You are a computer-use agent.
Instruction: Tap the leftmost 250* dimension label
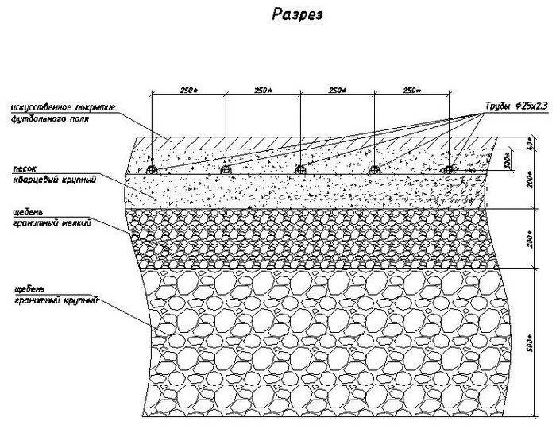pos(188,91)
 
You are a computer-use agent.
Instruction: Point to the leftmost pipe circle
pos(153,169)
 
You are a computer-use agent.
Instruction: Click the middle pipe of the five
pos(300,169)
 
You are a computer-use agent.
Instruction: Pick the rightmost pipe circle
pos(450,169)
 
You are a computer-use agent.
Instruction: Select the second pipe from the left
pos(226,169)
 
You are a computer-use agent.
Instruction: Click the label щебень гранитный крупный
pos(56,296)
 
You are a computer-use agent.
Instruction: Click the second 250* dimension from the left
pos(263,91)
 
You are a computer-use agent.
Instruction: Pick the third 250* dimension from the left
pos(337,91)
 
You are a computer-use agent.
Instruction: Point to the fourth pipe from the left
pos(375,169)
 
